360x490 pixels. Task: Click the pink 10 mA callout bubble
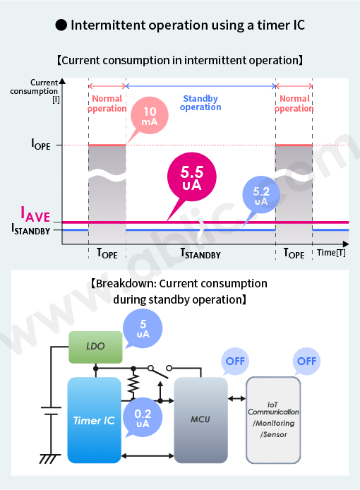coord(150,116)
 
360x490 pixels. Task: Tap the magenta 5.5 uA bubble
coord(192,177)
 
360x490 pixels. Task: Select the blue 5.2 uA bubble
coord(261,195)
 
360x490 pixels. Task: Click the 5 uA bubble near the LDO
coord(143,328)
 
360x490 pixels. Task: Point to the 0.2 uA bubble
coord(143,418)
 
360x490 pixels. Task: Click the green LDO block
coord(95,347)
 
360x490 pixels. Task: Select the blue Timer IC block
coord(94,420)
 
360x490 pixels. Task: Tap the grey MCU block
coord(200,420)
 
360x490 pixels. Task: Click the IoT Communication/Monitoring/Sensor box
coord(273,420)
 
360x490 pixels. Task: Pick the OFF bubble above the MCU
coord(235,361)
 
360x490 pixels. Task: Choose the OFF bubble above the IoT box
coord(306,361)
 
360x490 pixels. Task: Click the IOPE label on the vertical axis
coord(41,144)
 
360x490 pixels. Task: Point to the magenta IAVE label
coord(35,215)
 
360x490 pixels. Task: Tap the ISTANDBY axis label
coord(30,229)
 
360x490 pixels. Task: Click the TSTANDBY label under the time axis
coord(200,253)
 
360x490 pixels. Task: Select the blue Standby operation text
coord(200,103)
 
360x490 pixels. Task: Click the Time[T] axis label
coord(331,252)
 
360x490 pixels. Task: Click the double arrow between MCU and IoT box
coord(237,398)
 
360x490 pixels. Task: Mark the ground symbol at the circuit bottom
coord(49,458)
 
